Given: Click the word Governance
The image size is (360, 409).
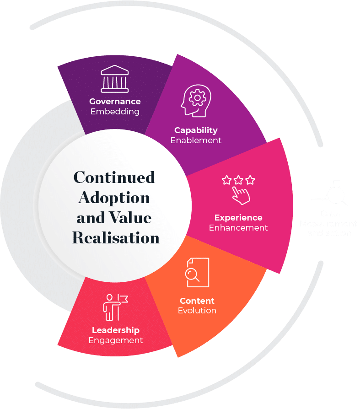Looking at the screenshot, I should click(115, 102).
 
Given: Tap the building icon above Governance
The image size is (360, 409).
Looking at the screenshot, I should click(115, 79).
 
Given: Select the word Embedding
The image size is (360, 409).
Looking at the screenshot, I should click(115, 111).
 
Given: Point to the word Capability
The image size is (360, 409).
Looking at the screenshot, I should click(196, 130).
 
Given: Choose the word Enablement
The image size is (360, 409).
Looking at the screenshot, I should click(196, 140).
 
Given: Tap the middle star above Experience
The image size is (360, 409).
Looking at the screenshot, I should click(238, 180).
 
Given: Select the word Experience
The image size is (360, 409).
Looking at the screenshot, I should click(238, 218).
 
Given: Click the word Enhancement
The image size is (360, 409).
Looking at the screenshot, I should click(238, 227).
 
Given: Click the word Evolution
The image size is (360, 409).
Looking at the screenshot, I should click(197, 311).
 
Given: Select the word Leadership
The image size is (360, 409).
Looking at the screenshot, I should click(116, 330).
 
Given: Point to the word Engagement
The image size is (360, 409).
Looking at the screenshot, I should click(116, 340).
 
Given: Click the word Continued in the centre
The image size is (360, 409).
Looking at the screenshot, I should click(114, 178).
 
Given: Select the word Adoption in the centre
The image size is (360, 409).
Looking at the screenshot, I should click(114, 198).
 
